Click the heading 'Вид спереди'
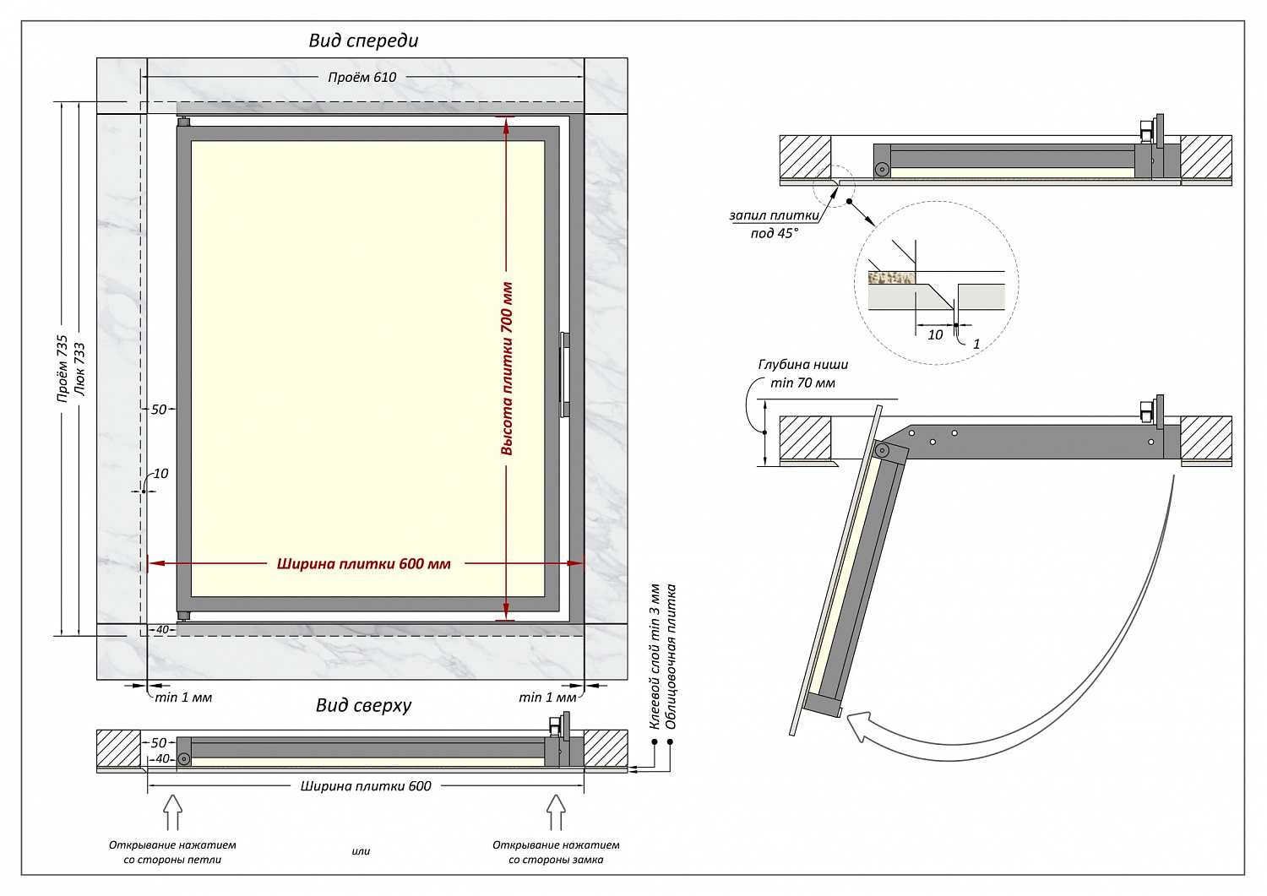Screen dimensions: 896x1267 [x=363, y=41]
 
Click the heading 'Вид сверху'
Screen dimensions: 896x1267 [x=363, y=705]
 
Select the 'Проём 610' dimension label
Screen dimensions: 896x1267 [x=362, y=77]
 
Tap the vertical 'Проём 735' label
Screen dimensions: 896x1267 [x=62, y=369]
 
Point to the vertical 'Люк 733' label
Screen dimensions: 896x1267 [x=79, y=369]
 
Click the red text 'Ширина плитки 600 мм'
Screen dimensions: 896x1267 [x=363, y=564]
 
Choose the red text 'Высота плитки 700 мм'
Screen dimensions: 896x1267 [x=507, y=369]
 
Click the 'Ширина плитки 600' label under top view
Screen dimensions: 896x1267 [x=366, y=786]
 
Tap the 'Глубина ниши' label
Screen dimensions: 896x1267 [x=802, y=365]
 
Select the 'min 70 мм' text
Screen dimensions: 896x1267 [x=802, y=383]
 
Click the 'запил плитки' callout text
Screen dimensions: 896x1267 [x=774, y=216]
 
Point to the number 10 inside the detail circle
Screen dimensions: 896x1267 [x=935, y=335]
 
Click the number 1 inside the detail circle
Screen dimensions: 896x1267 [x=976, y=344]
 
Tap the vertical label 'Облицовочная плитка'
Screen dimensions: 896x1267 [x=672, y=656]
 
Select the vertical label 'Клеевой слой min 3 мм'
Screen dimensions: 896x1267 [x=655, y=656]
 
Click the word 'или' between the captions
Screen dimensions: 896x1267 [x=361, y=851]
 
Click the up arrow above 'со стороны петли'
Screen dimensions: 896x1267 [x=172, y=812]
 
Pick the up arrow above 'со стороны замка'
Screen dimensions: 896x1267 [x=556, y=812]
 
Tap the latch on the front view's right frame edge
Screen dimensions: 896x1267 [x=564, y=375]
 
